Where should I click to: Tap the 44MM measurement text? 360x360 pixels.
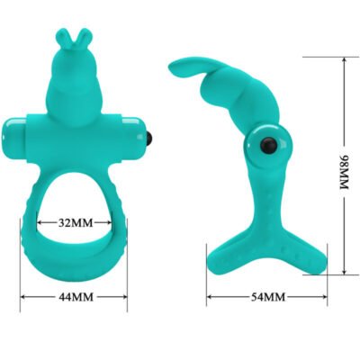point(75,295)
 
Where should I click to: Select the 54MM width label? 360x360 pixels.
point(266,296)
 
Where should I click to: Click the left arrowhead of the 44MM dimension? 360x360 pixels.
point(24,295)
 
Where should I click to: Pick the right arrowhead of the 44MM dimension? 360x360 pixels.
point(124,295)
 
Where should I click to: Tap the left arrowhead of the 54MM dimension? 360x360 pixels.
point(210,296)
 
